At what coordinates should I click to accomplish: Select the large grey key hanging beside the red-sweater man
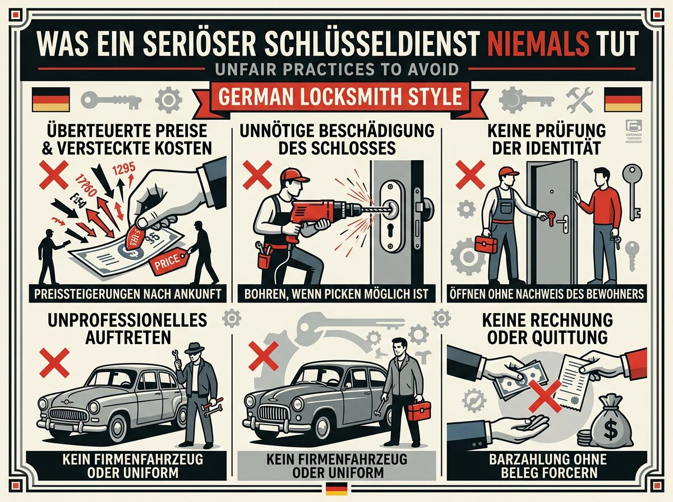coord(632,190)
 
